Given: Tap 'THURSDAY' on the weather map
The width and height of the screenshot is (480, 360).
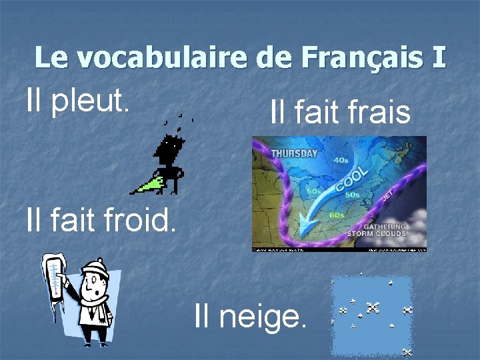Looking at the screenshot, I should (x=294, y=153).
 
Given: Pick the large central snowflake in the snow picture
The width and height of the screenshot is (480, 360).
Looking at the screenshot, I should (x=372, y=307).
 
